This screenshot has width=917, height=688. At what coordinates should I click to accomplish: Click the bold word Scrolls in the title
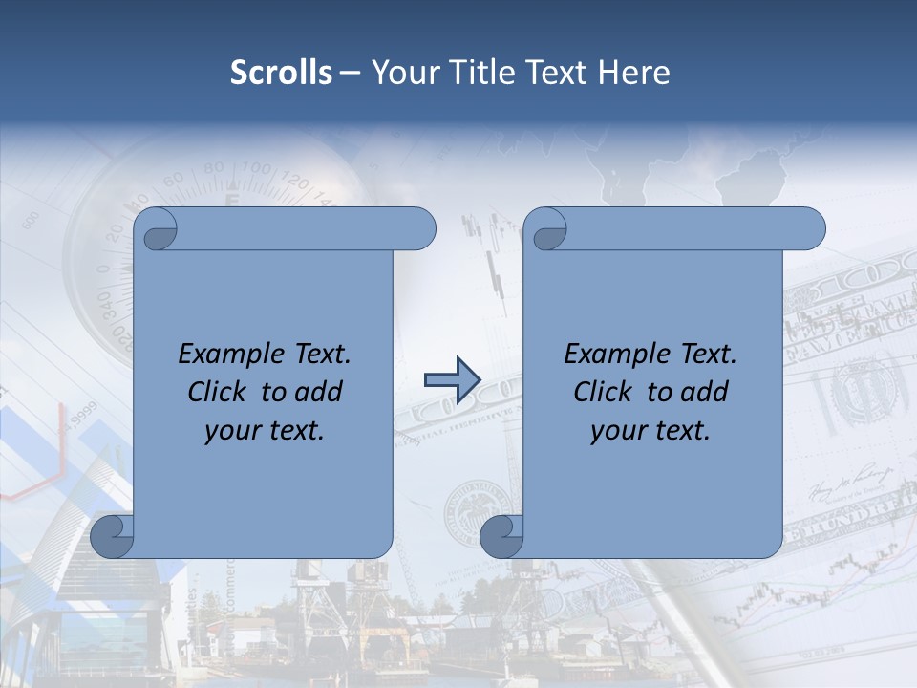point(282,73)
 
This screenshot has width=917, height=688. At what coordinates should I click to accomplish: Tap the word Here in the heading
point(634,73)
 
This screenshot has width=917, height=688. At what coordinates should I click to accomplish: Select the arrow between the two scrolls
point(452,378)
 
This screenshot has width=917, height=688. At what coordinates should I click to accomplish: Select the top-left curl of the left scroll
point(157,230)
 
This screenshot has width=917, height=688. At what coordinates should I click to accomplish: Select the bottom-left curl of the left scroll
point(112,536)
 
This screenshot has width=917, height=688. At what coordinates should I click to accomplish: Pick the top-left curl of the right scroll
point(545,230)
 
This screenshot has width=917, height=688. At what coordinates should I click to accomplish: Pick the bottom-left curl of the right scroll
point(501,536)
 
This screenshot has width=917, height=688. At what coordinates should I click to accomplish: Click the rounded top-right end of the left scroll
point(421,229)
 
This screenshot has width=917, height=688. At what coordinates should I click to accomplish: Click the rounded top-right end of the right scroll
point(811,229)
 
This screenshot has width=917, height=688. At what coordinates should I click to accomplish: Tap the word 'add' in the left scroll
point(319,392)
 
